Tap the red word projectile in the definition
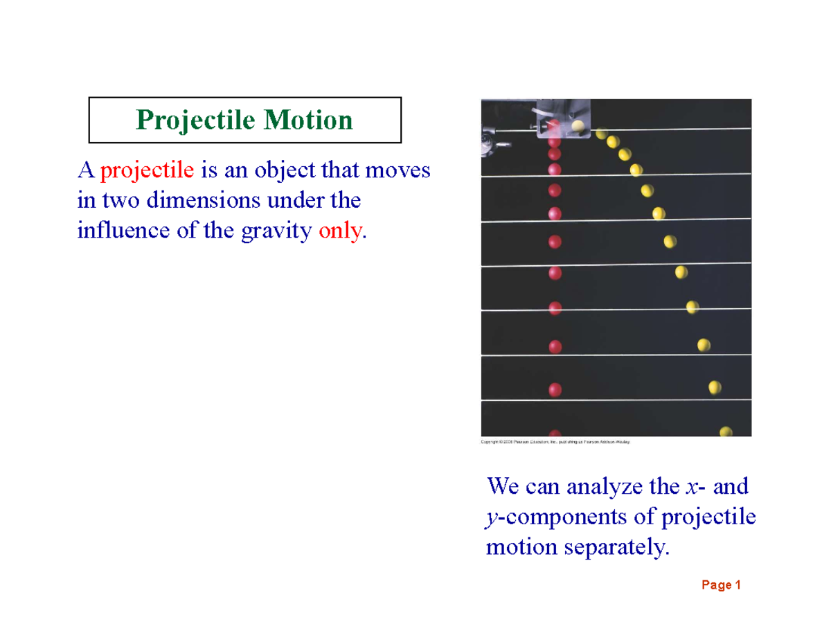coord(149,170)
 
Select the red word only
coord(339,231)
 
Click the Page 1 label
coord(721,585)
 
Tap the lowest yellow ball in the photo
coord(726,431)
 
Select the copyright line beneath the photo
coord(555,440)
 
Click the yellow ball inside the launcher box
coord(578,126)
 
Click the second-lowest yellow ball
coord(715,388)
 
